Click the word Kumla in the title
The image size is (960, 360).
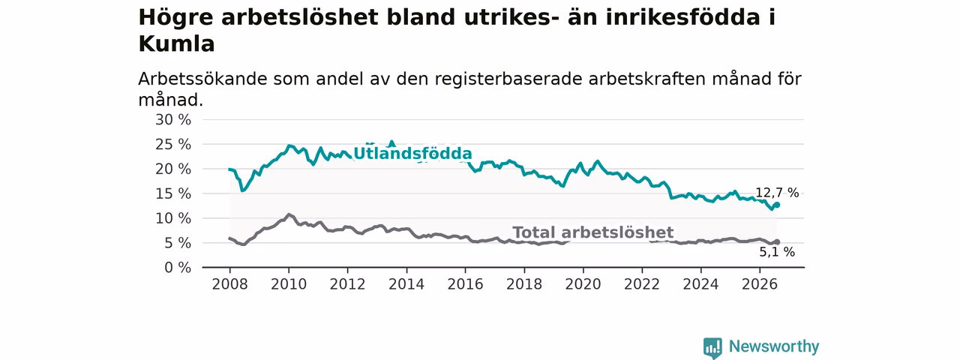pos(176,43)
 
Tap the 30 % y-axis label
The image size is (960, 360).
pos(173,119)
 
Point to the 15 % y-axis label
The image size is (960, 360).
pos(173,193)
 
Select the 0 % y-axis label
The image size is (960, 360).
pos(178,268)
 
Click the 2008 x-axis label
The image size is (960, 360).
pos(229,284)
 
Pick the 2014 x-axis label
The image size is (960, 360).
pos(406,284)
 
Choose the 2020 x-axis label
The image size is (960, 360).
pos(583,284)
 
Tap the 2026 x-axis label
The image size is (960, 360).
pos(760,284)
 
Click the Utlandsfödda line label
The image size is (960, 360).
pos(412,154)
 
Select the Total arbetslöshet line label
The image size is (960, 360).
pos(593,232)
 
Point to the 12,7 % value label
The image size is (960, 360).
pos(777,193)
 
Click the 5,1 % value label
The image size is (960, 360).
pos(777,252)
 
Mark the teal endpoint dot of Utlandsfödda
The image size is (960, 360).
pos(776,205)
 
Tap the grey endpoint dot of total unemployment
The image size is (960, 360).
pos(776,242)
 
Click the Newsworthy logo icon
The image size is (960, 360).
pos(712,347)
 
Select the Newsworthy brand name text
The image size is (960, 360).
pos(774,346)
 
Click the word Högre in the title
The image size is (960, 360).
pos(175,18)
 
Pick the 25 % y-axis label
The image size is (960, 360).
pos(173,145)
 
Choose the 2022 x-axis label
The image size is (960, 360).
pos(641,284)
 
